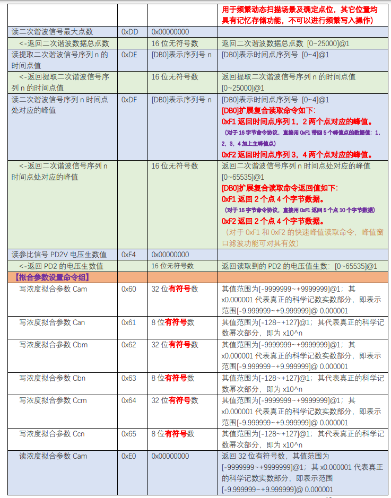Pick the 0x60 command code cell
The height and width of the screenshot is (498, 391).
click(x=129, y=289)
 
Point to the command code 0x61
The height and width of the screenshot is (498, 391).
click(x=129, y=322)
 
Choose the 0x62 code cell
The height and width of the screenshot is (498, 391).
click(x=129, y=345)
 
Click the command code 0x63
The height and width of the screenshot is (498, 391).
click(x=129, y=378)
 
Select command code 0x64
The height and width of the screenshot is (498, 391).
click(x=129, y=400)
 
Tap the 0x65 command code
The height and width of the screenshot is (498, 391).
click(x=129, y=434)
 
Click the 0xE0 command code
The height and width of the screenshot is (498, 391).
click(x=129, y=456)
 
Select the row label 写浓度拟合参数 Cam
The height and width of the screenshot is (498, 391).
click(x=53, y=289)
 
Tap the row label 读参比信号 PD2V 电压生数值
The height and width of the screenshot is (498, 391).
click(x=59, y=255)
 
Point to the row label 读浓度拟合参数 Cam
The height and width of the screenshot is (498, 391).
click(x=53, y=456)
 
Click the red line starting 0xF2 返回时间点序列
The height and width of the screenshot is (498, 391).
click(x=297, y=154)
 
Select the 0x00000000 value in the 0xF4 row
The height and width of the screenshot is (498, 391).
click(x=170, y=255)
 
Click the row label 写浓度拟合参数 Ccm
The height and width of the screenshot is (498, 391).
click(x=53, y=400)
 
